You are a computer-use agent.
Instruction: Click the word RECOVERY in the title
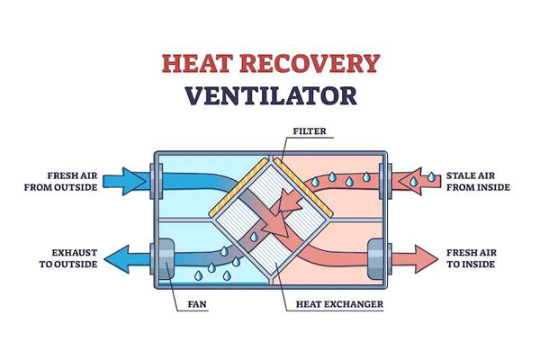[x=309, y=63]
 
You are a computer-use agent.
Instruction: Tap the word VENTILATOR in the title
[x=270, y=96]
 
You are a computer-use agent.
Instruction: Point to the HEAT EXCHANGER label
[x=340, y=304]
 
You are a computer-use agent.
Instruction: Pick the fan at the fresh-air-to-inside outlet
[x=375, y=259]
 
